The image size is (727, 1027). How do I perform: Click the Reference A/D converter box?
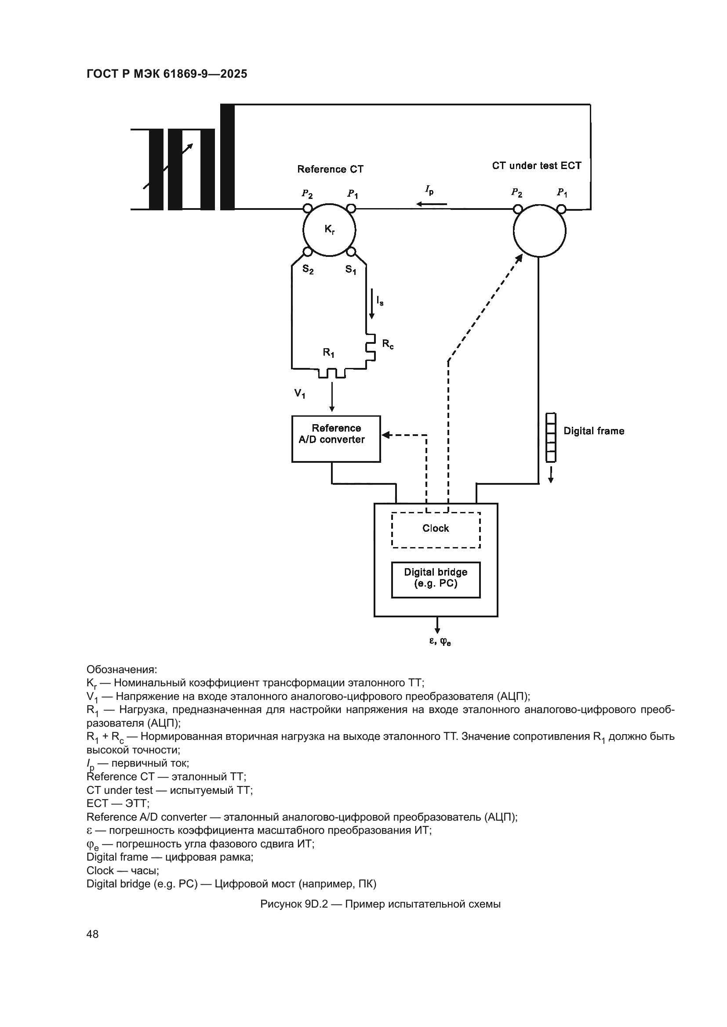point(336,439)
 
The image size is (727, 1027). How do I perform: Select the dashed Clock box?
point(436,530)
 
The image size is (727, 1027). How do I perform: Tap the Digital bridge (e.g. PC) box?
point(436,580)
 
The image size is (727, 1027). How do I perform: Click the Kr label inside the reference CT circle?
point(330,230)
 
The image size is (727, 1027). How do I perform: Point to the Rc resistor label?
point(388,344)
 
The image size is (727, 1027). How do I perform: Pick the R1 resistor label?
point(329,353)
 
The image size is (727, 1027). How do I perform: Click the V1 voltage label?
point(299,393)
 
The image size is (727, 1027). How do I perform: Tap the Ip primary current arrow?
point(432,204)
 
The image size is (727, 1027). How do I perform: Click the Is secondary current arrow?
point(371,304)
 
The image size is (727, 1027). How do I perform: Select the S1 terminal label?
point(350,270)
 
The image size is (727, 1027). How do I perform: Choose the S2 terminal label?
point(308,270)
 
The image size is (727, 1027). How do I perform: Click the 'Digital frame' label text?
point(593,431)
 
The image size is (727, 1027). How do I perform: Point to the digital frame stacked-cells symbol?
point(551,437)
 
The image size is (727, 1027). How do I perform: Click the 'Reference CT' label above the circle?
point(331,169)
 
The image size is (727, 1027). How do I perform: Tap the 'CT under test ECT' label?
point(536,166)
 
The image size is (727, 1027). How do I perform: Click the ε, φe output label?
point(440,641)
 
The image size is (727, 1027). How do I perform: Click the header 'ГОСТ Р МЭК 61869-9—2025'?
point(167,74)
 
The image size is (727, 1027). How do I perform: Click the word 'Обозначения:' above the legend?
point(122,670)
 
